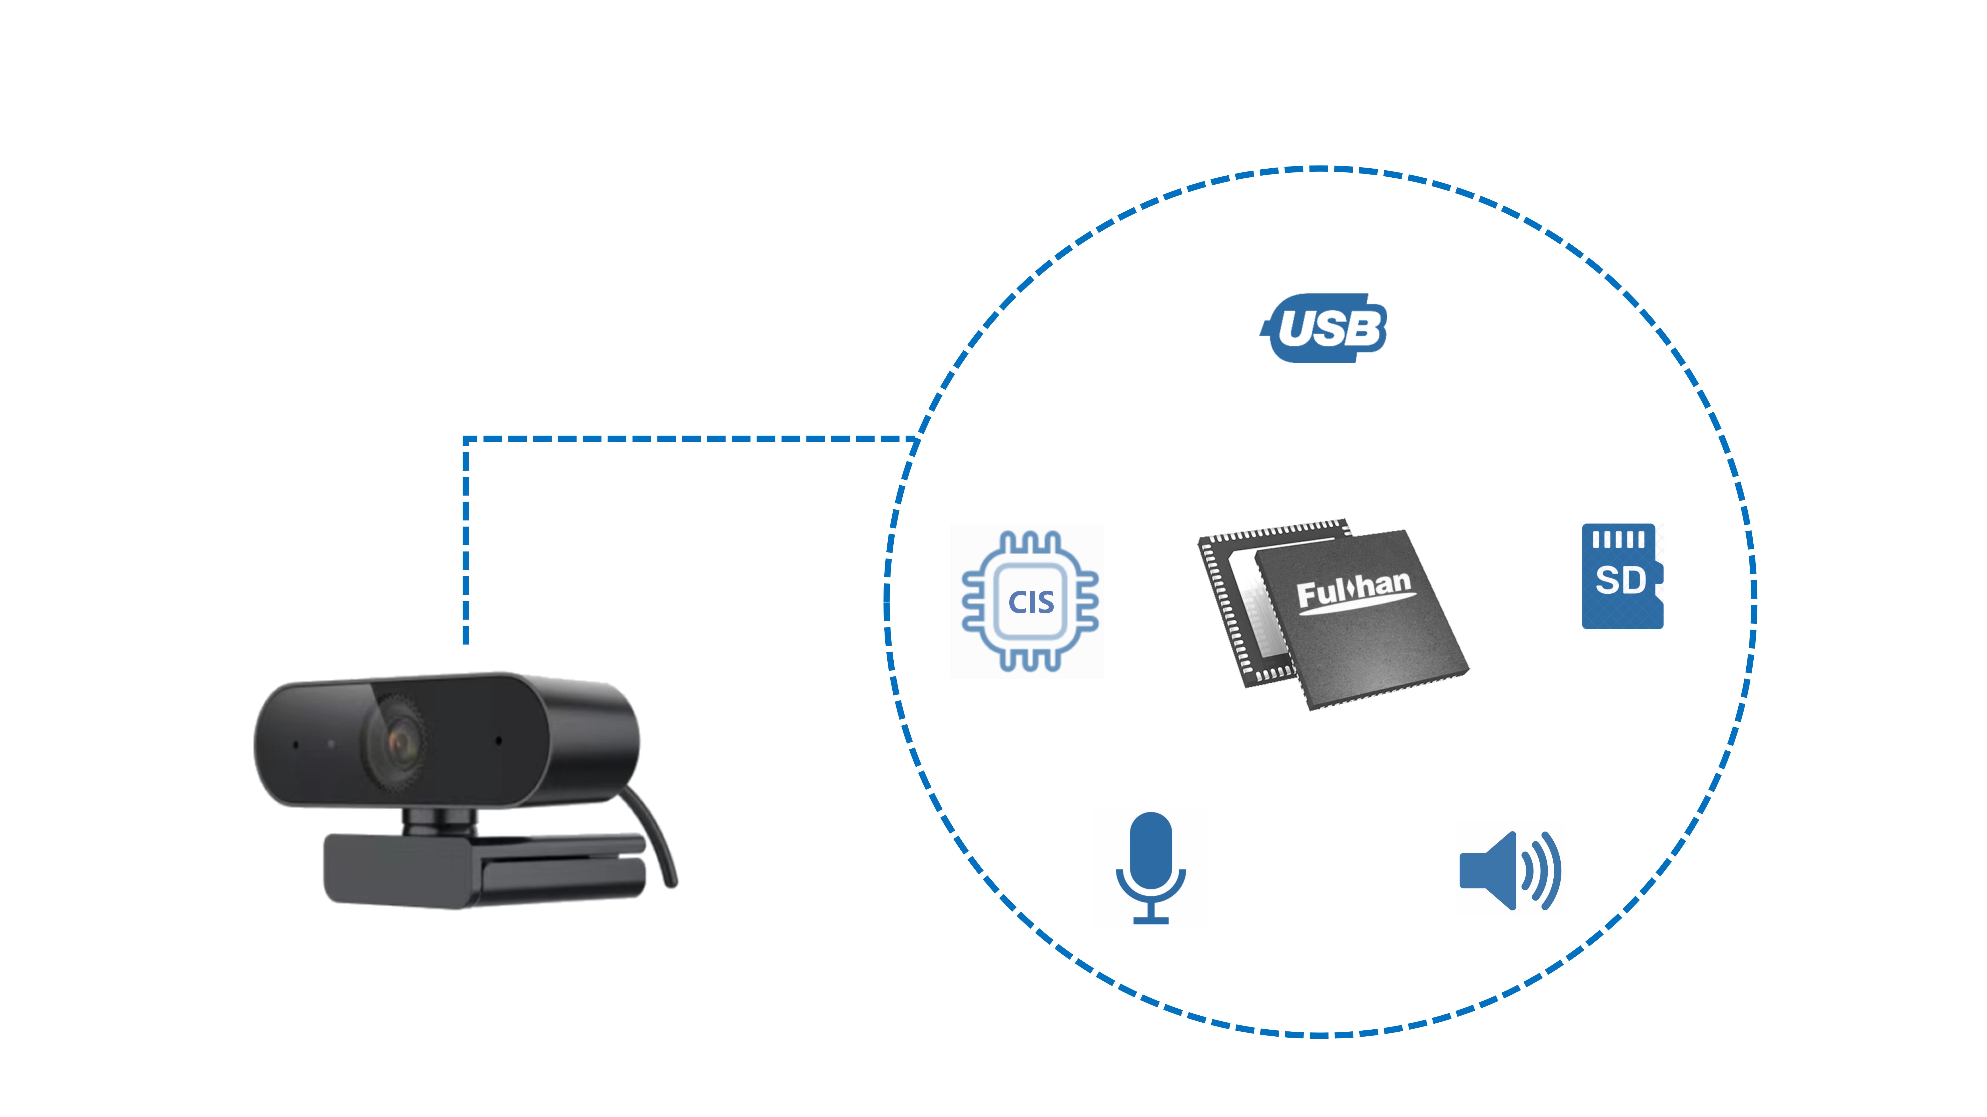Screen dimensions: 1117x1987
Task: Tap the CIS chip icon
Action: pyautogui.click(x=1030, y=601)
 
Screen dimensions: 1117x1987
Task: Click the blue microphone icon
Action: pyautogui.click(x=1150, y=867)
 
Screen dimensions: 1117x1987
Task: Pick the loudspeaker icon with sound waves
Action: pyautogui.click(x=1510, y=871)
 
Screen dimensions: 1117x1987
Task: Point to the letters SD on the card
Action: pyautogui.click(x=1620, y=580)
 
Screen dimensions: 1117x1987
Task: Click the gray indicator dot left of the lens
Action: pyautogui.click(x=331, y=744)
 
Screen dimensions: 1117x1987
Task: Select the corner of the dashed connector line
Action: pyautogui.click(x=466, y=439)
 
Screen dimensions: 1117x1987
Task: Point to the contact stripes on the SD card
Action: pyautogui.click(x=1618, y=540)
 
